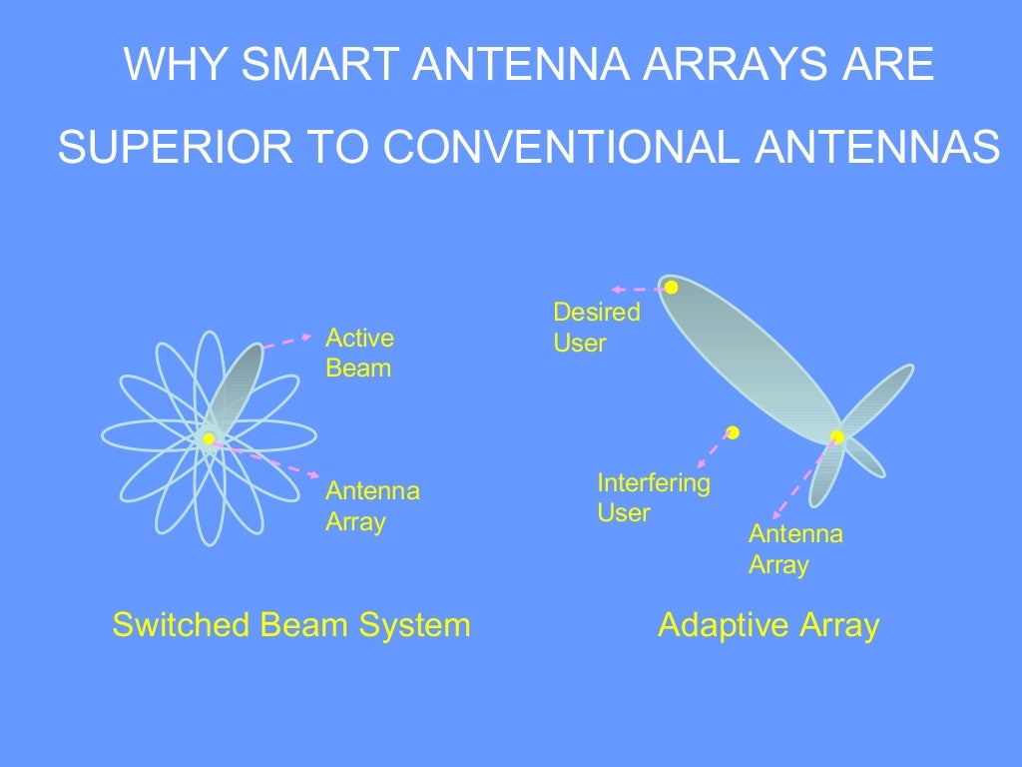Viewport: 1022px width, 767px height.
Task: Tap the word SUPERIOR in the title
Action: (x=160, y=148)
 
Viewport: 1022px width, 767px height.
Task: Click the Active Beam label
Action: (x=359, y=353)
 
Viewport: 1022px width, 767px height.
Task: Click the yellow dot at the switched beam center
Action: (x=209, y=438)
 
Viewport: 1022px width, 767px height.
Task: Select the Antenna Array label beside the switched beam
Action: (x=372, y=506)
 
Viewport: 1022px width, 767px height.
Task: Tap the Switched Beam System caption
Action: (x=290, y=625)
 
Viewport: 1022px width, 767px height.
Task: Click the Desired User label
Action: (x=596, y=327)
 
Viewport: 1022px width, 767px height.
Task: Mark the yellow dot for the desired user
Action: (x=672, y=288)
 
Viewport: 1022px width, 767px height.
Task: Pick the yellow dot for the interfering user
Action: (x=733, y=432)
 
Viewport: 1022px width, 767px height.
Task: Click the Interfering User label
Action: (x=653, y=498)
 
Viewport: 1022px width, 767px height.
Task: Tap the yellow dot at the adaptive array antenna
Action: (x=837, y=437)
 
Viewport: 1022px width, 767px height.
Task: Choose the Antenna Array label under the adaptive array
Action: (x=795, y=548)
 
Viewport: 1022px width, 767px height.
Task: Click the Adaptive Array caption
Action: (x=768, y=625)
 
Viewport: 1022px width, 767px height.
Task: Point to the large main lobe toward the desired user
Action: (x=749, y=360)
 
